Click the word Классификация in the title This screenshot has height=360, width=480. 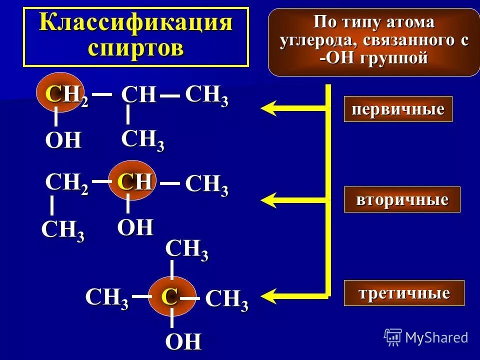136,24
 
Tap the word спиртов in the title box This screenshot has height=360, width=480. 136,49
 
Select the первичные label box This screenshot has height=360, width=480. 397,109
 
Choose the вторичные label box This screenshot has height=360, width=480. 402,199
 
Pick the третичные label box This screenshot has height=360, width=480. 404,293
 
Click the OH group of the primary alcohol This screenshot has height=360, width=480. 63,141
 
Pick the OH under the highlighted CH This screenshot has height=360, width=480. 135,228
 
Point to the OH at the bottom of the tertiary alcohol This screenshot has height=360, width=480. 183,342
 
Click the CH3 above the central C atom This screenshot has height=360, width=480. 186,249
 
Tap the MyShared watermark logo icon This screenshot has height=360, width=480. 393,337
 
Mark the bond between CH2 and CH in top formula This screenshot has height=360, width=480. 101,93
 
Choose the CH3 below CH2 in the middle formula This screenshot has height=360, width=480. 62,231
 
